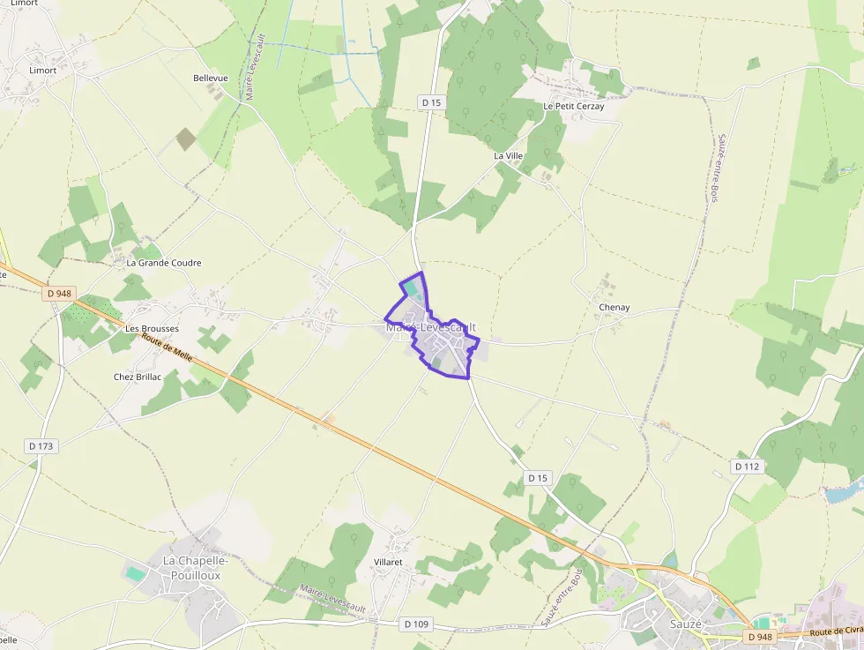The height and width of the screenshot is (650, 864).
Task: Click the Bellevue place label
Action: coord(210,78)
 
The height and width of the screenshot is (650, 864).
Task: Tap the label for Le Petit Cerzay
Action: coord(573,106)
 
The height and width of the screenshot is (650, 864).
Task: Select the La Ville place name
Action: coord(508,156)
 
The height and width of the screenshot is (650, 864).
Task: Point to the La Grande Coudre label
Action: coord(164,263)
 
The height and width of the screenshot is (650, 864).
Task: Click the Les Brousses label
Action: coord(153,329)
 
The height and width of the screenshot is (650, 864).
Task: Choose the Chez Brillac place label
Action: coord(138,377)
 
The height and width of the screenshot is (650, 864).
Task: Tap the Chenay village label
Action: coord(614,307)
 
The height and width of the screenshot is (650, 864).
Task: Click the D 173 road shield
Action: coord(41,446)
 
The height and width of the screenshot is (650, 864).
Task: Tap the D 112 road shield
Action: coord(746,466)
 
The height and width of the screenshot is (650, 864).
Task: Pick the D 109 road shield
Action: coord(415,624)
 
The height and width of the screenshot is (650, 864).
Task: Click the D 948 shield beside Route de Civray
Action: coord(759,637)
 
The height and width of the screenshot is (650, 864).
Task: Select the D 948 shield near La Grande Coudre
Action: coord(59,294)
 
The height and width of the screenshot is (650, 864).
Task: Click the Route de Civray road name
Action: coord(836,631)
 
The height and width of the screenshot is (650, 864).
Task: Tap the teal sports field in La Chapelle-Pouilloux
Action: coord(136,573)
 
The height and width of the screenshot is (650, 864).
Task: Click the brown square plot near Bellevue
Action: coord(186,138)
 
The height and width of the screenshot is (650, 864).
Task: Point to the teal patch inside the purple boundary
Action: coord(411,288)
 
